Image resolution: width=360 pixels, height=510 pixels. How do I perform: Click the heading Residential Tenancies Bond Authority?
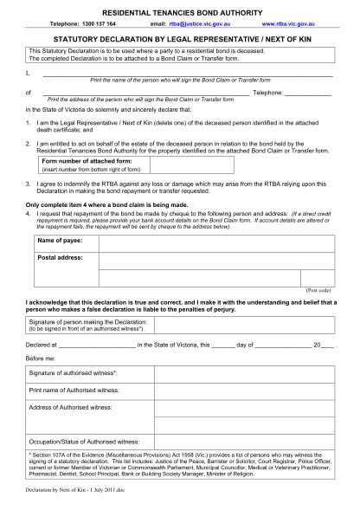[x=179, y=8]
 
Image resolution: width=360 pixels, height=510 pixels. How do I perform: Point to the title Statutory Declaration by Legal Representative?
[x=179, y=39]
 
